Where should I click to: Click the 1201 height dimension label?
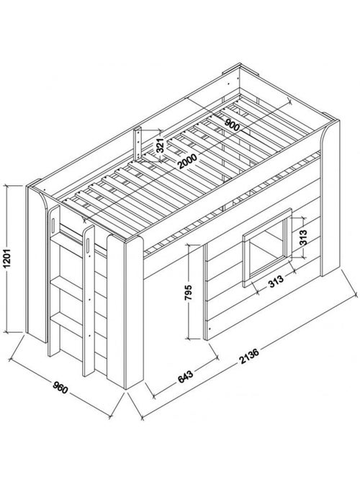8,258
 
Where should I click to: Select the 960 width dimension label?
60,388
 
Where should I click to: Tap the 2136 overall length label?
249,356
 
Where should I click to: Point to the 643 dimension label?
186,377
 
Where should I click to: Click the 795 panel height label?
189,293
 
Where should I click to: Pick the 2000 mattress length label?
188,161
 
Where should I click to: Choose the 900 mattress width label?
233,125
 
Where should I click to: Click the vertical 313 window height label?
303,237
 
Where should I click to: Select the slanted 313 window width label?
276,281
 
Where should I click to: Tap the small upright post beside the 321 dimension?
138,143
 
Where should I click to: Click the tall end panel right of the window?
330,198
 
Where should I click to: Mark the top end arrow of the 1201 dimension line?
7,186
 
